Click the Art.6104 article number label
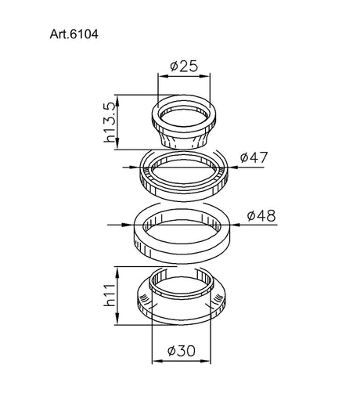(74, 34)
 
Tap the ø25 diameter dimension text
(184, 67)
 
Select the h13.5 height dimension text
(110, 122)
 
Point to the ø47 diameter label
(254, 157)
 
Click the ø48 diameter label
(261, 216)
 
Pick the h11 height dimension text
(110, 295)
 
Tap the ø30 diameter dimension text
(181, 351)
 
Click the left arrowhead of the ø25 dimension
(163, 76)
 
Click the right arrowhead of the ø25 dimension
(205, 76)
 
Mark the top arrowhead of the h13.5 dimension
(117, 101)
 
